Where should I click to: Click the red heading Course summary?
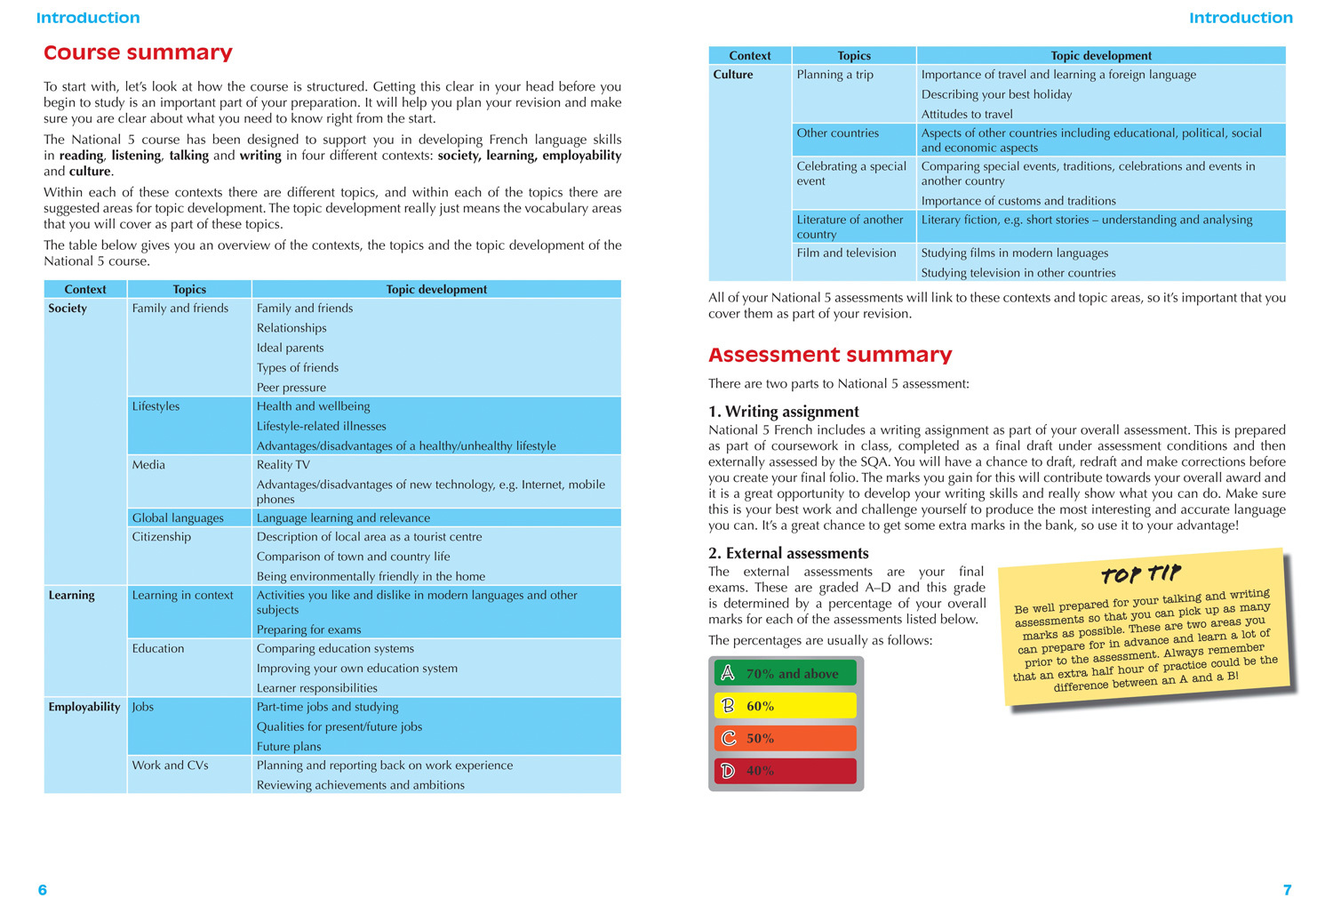(138, 53)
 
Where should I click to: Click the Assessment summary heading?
(829, 355)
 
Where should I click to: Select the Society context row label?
(68, 309)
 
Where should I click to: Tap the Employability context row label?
(84, 707)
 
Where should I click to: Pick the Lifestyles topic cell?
(156, 406)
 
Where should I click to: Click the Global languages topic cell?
(178, 517)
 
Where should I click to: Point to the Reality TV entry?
(283, 465)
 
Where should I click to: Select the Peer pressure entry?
(291, 388)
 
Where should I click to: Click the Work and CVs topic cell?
(170, 766)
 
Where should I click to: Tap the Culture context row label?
(732, 75)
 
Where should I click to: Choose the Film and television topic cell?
(846, 253)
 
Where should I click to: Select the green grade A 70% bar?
(785, 673)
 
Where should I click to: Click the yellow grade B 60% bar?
(785, 706)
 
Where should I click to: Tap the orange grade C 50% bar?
(785, 738)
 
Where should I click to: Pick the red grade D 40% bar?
(785, 771)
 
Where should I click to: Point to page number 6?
(42, 890)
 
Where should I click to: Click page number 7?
(1287, 890)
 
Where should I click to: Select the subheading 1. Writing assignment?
(783, 412)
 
